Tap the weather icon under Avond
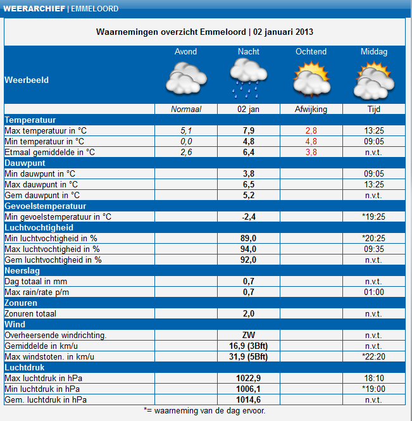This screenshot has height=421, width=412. pyautogui.click(x=185, y=80)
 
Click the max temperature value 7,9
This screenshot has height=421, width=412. pyautogui.click(x=249, y=130)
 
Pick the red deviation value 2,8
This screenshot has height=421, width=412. pyautogui.click(x=311, y=130)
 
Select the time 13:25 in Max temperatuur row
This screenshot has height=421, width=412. pyautogui.click(x=373, y=130)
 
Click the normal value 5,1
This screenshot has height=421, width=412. pyautogui.click(x=185, y=130)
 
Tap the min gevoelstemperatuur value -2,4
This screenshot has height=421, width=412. pyautogui.click(x=249, y=217)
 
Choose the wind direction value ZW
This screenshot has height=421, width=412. pyautogui.click(x=249, y=335)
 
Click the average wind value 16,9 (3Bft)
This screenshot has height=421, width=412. pyautogui.click(x=249, y=346)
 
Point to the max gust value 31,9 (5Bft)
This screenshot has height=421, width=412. pyautogui.click(x=249, y=356)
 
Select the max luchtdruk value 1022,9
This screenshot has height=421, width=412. pyautogui.click(x=249, y=378)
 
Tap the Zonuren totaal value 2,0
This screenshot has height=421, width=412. pyautogui.click(x=249, y=313)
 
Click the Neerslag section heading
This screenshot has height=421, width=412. pyautogui.click(x=22, y=270)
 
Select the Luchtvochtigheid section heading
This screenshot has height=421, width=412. pyautogui.click(x=39, y=227)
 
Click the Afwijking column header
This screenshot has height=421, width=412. pyautogui.click(x=311, y=110)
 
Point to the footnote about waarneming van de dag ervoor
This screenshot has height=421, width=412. pyautogui.click(x=205, y=410)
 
